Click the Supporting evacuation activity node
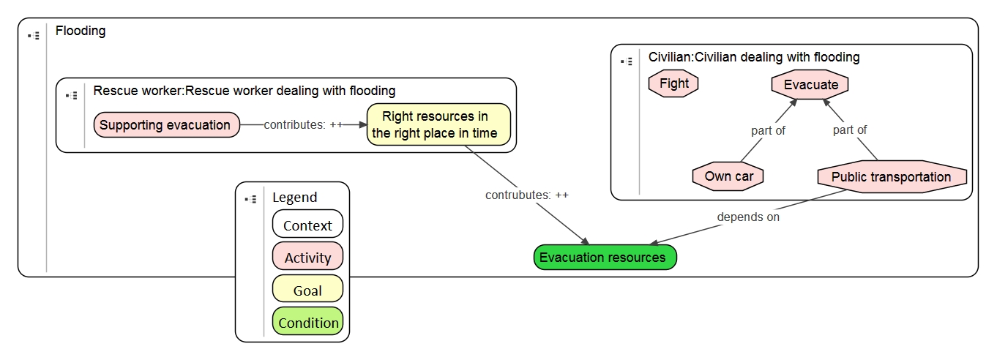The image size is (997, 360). (166, 125)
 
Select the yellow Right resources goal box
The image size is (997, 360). (438, 124)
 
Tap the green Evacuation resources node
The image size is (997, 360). (605, 258)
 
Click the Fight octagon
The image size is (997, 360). (673, 83)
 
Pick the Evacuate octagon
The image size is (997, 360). (810, 84)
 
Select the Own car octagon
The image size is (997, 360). (728, 176)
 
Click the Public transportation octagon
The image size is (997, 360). (891, 177)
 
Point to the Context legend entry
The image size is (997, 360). (307, 225)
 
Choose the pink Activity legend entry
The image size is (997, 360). (307, 257)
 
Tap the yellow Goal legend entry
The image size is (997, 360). (307, 290)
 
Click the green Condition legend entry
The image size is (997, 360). (307, 322)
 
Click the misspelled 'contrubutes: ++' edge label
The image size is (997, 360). (526, 195)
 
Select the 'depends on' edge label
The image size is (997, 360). (747, 217)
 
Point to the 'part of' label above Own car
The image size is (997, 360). (768, 130)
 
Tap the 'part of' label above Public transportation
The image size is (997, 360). (850, 130)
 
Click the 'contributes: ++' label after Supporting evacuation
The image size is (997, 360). (303, 125)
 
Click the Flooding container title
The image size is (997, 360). (81, 31)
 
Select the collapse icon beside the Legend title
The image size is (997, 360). (250, 198)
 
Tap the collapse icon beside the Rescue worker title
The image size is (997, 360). (71, 95)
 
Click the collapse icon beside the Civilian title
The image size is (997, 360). (626, 61)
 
